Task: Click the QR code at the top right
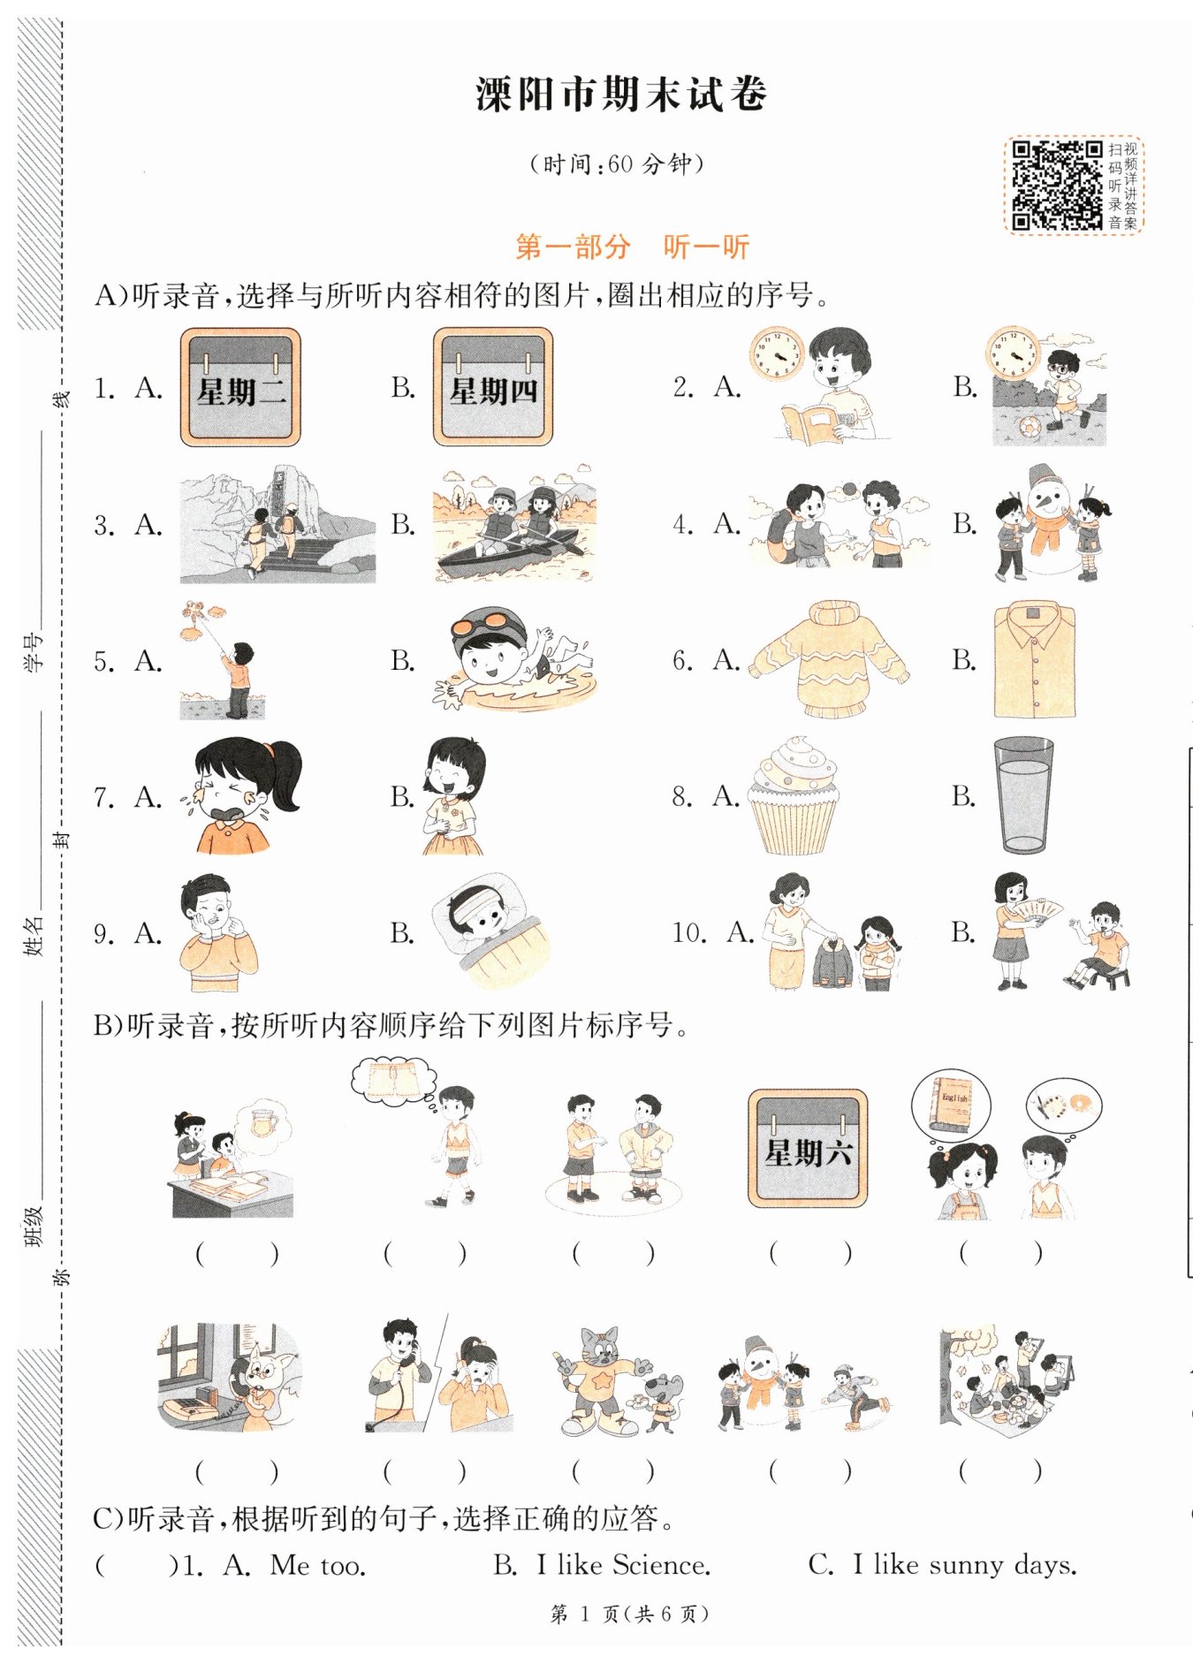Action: click(x=1056, y=186)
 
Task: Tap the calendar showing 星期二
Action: click(x=240, y=387)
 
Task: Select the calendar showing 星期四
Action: click(x=493, y=387)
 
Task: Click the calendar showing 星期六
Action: click(x=808, y=1148)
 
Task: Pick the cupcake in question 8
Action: click(x=793, y=796)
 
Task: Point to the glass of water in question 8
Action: click(x=1023, y=795)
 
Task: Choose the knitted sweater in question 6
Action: click(x=830, y=660)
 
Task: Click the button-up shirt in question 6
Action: click(x=1035, y=660)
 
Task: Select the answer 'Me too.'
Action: click(x=318, y=1566)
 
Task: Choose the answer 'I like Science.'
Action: click(x=623, y=1565)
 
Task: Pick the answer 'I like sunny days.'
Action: click(x=965, y=1565)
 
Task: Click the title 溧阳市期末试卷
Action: click(x=621, y=94)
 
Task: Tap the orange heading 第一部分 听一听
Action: click(x=632, y=247)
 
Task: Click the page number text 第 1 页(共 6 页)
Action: click(x=629, y=1615)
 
